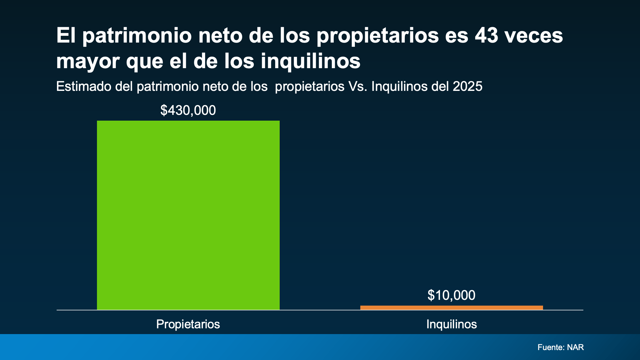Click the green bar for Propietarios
[188, 215]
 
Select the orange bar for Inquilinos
[452, 308]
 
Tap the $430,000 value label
[188, 110]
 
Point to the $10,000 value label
[452, 295]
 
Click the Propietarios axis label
[188, 324]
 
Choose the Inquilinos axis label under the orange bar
[452, 324]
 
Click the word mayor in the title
[88, 61]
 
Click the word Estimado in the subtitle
[84, 86]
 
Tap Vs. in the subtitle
[358, 86]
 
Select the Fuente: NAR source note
[561, 347]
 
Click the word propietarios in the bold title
[378, 36]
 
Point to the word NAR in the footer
[575, 347]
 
